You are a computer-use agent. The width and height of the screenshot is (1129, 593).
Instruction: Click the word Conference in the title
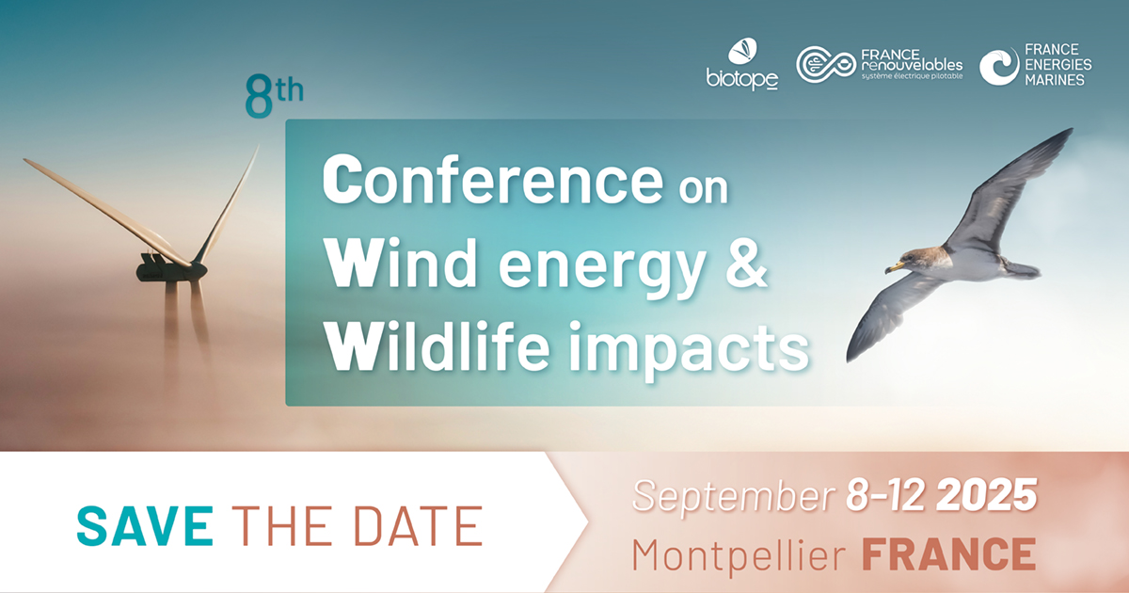493,180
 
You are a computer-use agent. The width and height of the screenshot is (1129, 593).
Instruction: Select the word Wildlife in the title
437,347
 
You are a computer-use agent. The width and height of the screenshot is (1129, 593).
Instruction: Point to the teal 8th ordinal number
274,95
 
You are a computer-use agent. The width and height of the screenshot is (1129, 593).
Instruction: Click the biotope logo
742,64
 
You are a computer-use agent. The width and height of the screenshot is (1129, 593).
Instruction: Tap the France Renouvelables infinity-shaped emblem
826,64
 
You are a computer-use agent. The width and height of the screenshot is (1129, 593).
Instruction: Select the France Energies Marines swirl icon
999,66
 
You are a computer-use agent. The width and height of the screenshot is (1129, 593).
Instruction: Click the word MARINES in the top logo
1055,80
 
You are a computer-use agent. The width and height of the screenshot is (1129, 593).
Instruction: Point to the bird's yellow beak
895,266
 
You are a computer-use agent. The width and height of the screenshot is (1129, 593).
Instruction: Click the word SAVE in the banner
145,526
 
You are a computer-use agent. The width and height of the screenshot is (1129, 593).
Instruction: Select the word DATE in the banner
418,526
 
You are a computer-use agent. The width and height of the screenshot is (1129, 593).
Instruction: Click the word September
733,497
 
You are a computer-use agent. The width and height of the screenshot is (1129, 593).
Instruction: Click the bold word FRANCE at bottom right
948,553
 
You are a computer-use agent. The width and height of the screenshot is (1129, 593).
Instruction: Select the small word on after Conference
703,189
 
